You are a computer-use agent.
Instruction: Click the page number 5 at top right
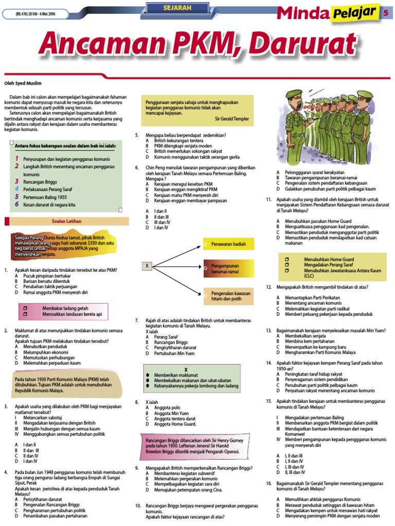click(x=385, y=14)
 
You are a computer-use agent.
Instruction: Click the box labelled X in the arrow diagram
click(x=147, y=266)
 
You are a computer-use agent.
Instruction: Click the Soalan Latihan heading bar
click(x=67, y=221)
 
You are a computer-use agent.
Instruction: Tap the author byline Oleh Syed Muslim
click(x=23, y=83)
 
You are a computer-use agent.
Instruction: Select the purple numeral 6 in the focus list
click(x=16, y=204)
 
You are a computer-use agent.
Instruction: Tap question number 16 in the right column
click(x=268, y=483)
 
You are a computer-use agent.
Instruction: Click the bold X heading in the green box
click(x=186, y=370)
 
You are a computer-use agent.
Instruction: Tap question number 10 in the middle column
click(x=138, y=505)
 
